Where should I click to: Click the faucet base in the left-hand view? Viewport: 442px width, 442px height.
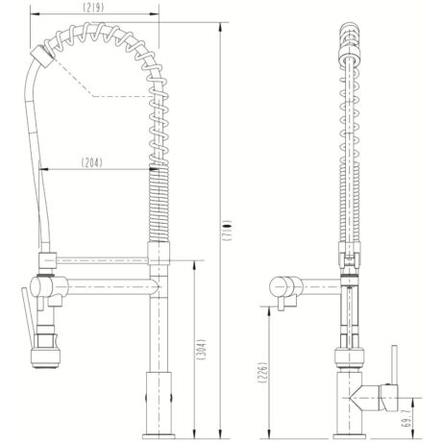coord(154,399)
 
